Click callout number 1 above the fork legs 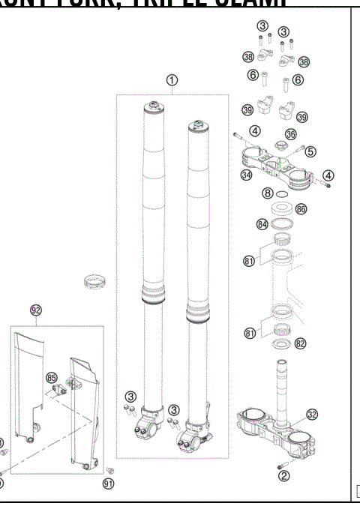coord(172,81)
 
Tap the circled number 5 coord(310,151)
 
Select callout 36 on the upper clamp coord(291,133)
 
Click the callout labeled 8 coord(266,193)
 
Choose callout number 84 coord(262,223)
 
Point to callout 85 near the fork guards coord(52,377)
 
